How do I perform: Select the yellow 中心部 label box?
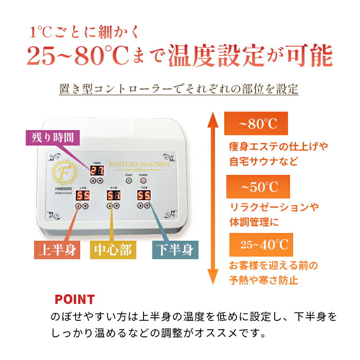(112, 250)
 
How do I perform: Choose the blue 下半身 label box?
(174, 250)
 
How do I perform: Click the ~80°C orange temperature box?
(256, 124)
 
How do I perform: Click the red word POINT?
(75, 299)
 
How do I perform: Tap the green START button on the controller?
(129, 181)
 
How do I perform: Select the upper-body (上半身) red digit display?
(82, 195)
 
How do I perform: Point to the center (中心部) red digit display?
(114, 195)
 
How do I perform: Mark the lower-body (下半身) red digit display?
(143, 195)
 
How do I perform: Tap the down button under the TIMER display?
(100, 181)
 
